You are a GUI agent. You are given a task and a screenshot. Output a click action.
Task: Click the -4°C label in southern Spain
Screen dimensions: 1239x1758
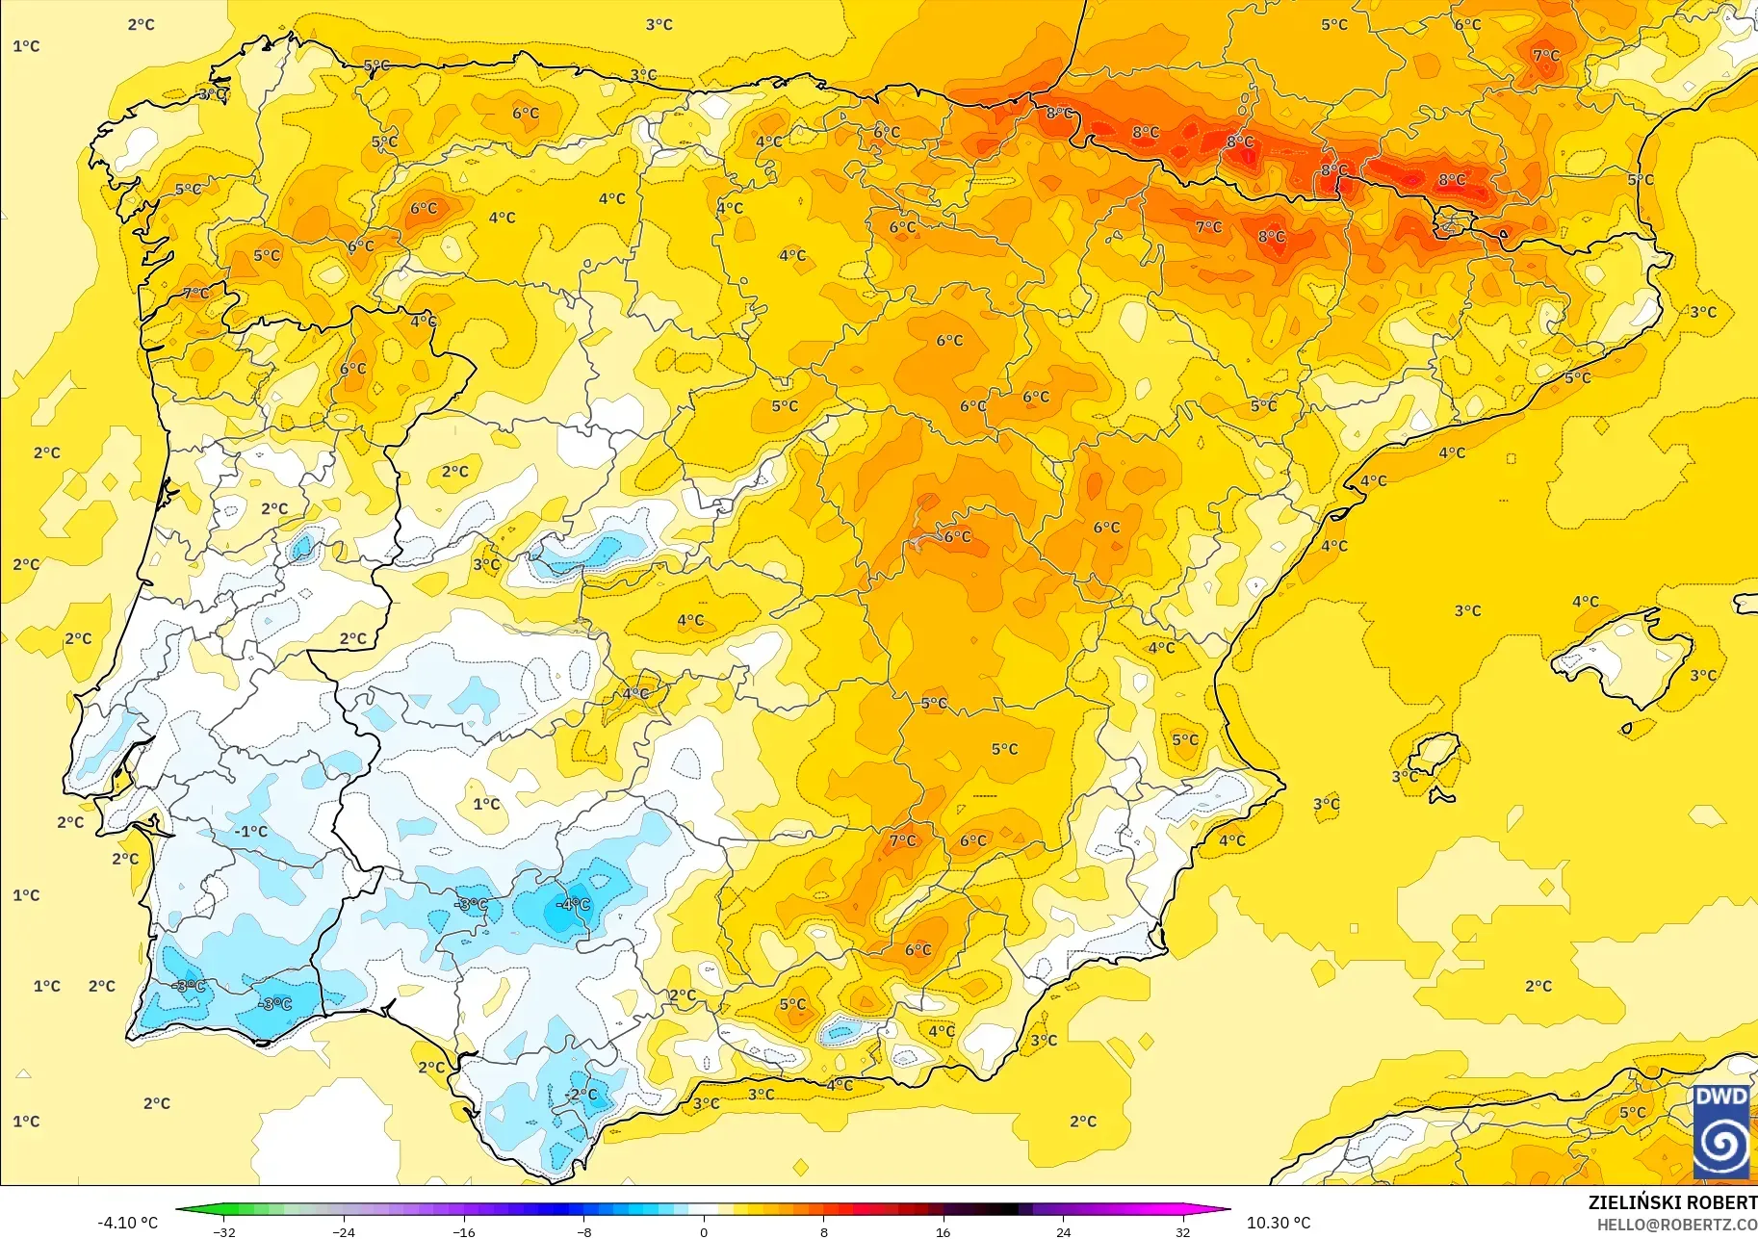[x=574, y=904]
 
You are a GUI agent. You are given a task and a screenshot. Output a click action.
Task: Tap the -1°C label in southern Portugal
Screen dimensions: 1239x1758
[x=251, y=831]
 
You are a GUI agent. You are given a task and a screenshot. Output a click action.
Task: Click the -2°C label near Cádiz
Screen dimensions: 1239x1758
[x=581, y=1095]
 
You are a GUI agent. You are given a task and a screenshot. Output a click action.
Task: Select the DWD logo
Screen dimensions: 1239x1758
[x=1721, y=1131]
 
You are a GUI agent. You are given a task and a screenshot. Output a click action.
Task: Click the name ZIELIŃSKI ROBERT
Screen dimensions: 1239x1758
[x=1672, y=1202]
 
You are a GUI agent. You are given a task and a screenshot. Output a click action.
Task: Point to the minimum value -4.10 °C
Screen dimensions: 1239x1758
[x=127, y=1223]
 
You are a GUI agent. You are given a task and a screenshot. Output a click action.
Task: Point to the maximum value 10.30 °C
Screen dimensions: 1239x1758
[x=1279, y=1223]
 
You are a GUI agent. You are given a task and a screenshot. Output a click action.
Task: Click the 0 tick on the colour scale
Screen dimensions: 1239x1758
[x=704, y=1231]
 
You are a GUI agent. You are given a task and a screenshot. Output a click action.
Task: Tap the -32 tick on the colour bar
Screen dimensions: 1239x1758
[x=223, y=1231]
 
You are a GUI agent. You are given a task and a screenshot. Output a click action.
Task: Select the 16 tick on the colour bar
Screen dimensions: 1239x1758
[x=943, y=1231]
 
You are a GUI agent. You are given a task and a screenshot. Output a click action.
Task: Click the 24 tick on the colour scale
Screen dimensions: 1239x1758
[x=1063, y=1231]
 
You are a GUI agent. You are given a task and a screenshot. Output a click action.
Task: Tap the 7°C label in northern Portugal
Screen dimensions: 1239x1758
[x=195, y=294]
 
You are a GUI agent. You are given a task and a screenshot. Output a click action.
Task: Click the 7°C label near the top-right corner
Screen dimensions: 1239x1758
[x=1546, y=56]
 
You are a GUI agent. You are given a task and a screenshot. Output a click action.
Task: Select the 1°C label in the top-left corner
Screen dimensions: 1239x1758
[x=26, y=46]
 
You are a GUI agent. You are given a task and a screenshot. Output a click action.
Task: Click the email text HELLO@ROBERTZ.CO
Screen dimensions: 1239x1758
[x=1677, y=1225]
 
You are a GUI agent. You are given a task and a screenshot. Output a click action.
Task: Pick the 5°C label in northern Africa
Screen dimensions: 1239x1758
[x=1632, y=1112]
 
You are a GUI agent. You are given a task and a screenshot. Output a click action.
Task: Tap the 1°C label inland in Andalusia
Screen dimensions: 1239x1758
[x=486, y=804]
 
